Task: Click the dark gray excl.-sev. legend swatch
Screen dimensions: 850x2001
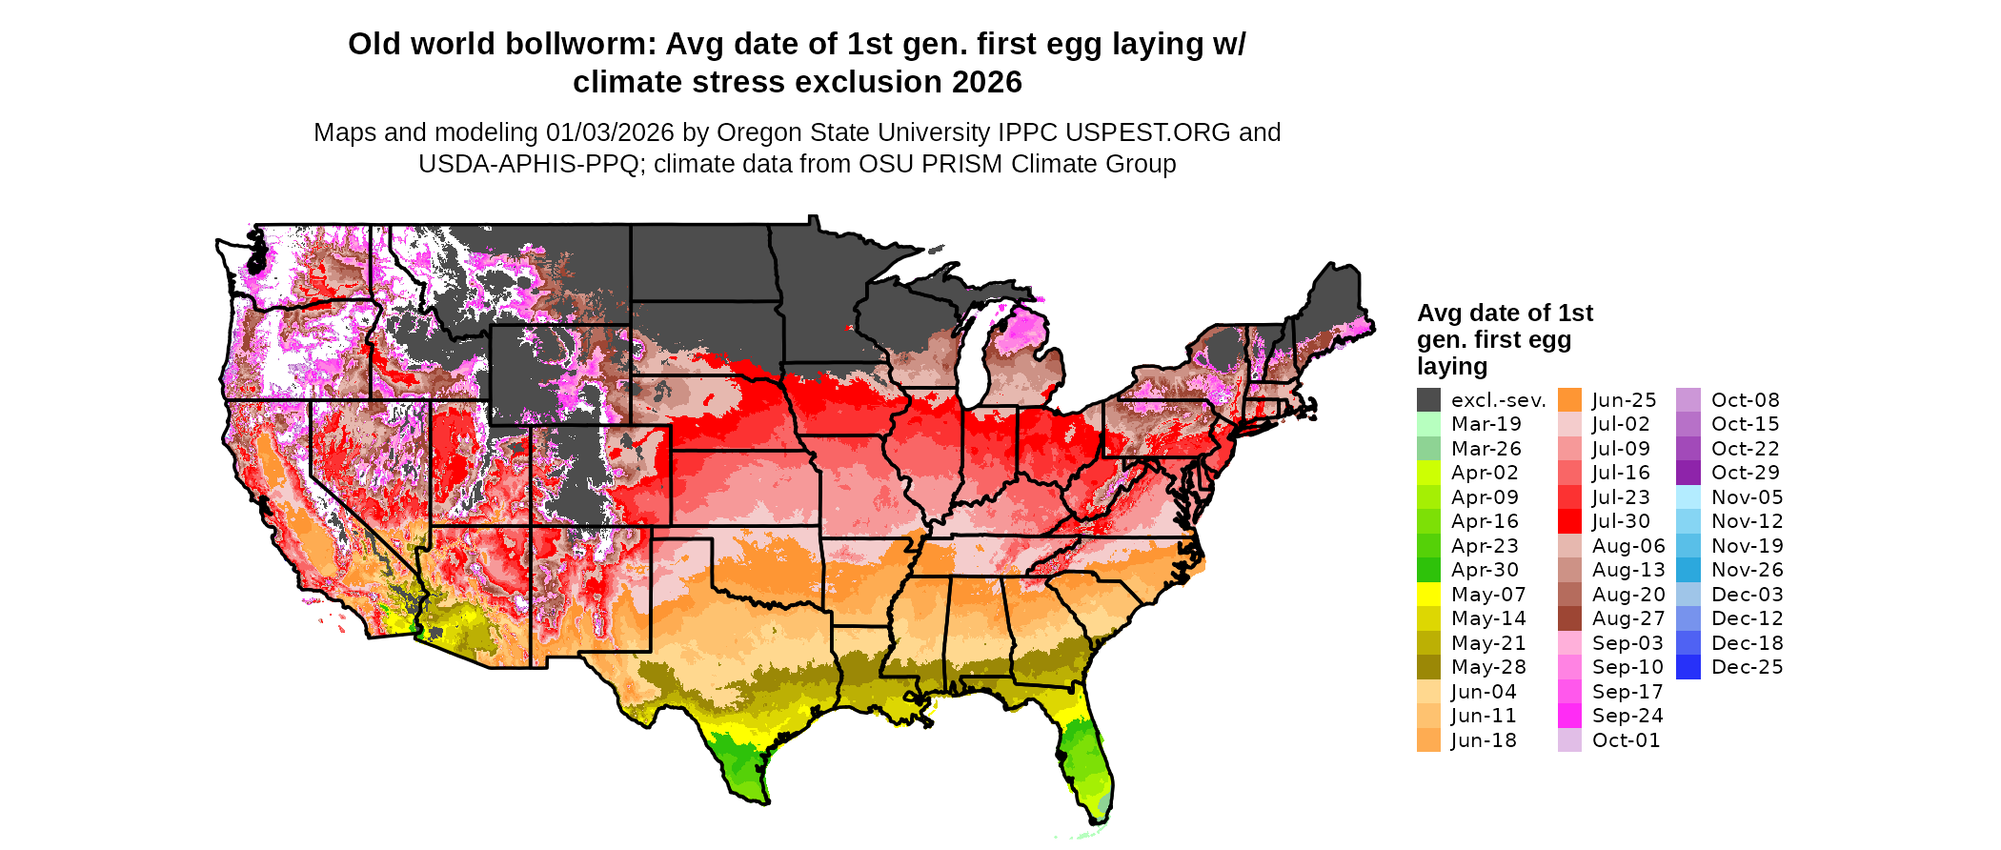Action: [1428, 400]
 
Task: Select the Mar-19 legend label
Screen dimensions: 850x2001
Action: [1486, 424]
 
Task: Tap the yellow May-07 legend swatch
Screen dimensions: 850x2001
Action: [1428, 595]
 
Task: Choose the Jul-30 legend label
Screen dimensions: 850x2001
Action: [1621, 521]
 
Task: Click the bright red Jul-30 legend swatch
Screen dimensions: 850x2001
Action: [1569, 521]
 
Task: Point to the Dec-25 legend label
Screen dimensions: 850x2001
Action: [1747, 667]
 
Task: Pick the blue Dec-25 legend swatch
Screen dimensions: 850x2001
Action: [1688, 667]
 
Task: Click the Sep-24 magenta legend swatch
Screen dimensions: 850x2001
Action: [1569, 716]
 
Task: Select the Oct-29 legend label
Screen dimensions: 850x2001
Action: [1745, 473]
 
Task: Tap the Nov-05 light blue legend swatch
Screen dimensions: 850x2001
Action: [1688, 497]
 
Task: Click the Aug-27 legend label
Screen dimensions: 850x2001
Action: [1628, 618]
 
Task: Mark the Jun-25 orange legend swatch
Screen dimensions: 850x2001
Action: [1569, 400]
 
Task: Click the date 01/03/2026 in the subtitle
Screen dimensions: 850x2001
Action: [609, 132]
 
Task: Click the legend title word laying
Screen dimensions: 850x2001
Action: [1451, 366]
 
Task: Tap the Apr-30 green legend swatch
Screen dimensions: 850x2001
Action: [1428, 570]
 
